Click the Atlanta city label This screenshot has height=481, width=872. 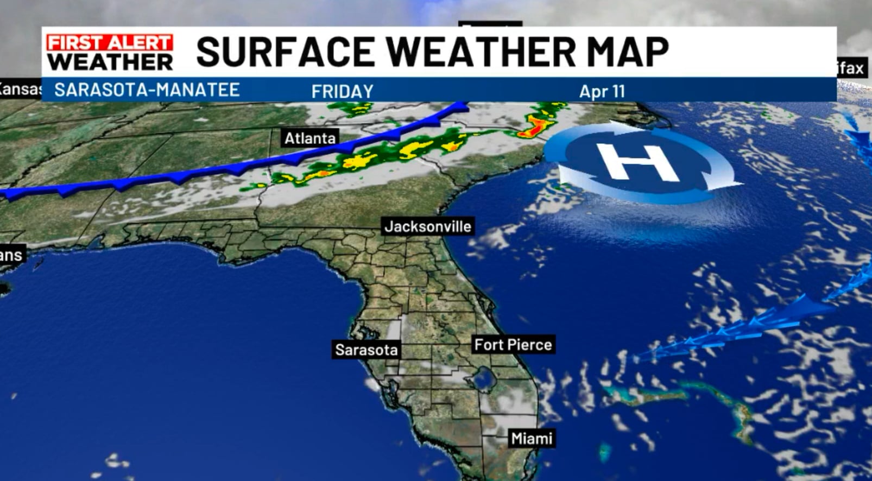310,138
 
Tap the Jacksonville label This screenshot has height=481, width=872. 427,226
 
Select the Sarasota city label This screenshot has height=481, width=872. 366,350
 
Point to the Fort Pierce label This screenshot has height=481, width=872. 513,345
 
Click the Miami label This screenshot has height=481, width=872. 531,438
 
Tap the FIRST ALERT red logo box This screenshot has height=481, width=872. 109,42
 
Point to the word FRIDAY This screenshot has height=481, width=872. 342,91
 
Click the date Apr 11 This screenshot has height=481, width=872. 602,91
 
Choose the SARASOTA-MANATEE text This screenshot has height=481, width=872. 147,90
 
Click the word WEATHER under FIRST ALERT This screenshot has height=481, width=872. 110,61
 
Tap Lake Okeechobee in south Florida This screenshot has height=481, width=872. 482,378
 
